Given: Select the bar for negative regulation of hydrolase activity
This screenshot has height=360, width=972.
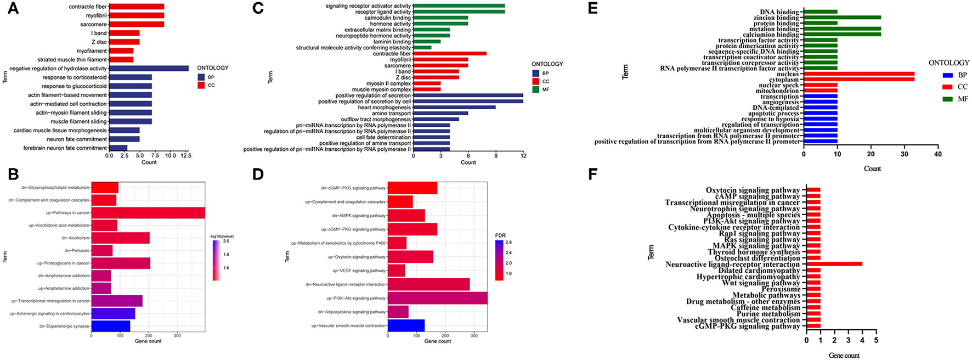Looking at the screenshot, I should point(148,69).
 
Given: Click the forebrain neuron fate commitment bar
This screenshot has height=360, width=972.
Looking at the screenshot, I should point(118,148).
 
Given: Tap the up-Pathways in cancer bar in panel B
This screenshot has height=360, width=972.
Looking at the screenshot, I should point(148,212).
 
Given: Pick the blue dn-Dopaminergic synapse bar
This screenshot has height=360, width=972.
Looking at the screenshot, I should point(111,326).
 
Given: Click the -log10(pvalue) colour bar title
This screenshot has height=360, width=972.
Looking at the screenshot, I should point(222,237).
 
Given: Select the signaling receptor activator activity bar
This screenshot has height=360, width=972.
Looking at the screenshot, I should point(459,5).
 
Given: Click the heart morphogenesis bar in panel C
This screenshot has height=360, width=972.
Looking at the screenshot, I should point(454,108).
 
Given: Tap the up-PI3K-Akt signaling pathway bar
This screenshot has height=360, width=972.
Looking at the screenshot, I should point(437,298).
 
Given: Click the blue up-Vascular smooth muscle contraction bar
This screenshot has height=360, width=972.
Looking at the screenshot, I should point(406,325).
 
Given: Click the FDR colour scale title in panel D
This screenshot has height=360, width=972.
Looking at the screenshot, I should point(500,235).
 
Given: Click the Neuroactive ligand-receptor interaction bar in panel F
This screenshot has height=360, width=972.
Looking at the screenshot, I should point(834,264).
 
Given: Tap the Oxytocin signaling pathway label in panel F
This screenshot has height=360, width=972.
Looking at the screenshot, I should point(753,190).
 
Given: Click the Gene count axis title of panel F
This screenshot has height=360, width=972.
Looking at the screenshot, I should point(844,356).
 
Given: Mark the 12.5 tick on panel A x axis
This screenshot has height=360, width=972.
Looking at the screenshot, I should point(186,156).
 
